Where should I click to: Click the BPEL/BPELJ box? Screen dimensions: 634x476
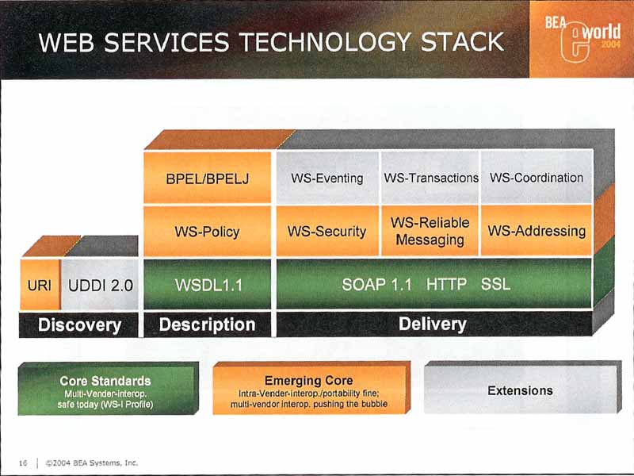click(207, 177)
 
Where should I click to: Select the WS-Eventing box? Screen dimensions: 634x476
click(327, 177)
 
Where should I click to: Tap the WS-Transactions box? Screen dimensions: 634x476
click(430, 177)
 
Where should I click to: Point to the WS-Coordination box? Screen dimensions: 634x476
click(537, 177)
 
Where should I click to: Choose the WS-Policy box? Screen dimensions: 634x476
click(207, 231)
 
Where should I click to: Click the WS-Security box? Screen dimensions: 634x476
click(327, 231)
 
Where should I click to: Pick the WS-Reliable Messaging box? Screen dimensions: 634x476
click(430, 231)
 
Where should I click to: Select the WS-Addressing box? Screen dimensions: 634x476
click(537, 231)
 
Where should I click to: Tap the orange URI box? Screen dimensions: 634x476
click(40, 285)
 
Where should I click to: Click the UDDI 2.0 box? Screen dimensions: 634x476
click(101, 285)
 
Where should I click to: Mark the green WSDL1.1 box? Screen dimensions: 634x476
click(207, 285)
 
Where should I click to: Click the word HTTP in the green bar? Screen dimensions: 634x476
click(446, 285)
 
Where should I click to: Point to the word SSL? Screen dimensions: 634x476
click(495, 285)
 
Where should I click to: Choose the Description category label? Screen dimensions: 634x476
click(207, 324)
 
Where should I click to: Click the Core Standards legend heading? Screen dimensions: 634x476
click(105, 381)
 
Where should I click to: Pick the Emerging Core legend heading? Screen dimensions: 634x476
click(308, 381)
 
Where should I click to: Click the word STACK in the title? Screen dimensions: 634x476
click(463, 42)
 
